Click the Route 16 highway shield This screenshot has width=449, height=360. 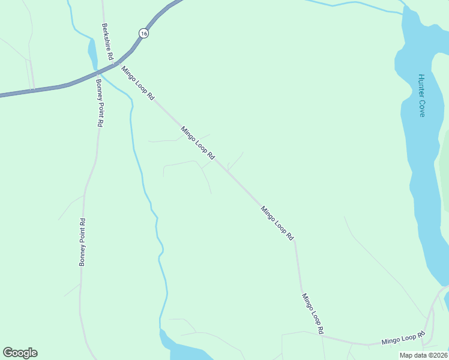tap(142, 34)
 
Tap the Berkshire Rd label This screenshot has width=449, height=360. tap(107, 41)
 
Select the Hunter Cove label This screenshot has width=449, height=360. tap(421, 95)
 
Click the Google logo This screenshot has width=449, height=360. tap(20, 353)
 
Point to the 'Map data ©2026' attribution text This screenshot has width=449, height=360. tap(423, 355)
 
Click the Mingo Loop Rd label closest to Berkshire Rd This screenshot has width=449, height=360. tap(138, 83)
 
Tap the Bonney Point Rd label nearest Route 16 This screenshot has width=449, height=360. tap(99, 103)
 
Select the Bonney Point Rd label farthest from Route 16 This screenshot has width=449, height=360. tap(83, 242)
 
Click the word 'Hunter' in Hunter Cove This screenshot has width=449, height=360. tap(421, 85)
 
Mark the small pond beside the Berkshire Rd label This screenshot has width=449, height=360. tap(92, 52)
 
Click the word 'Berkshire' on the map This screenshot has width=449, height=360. tap(106, 37)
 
